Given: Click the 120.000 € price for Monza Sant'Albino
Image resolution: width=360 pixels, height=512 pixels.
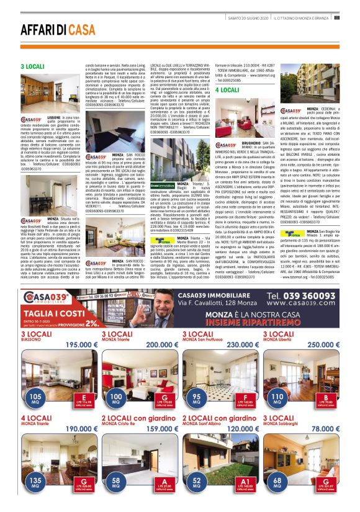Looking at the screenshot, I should pyautogui.click(x=243, y=429).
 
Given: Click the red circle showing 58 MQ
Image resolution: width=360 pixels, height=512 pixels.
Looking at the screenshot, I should pyautogui.click(x=117, y=482).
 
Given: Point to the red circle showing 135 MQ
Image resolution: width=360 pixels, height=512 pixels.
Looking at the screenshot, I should pyautogui.click(x=36, y=482).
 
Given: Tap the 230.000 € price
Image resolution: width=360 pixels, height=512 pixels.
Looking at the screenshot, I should pyautogui.click(x=243, y=345).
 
